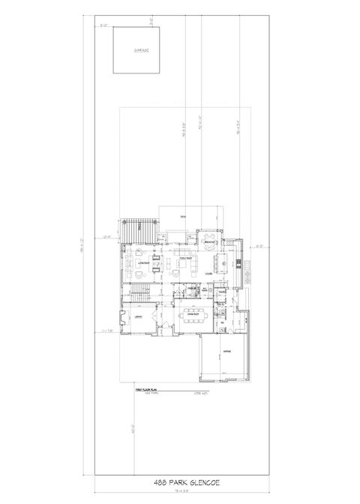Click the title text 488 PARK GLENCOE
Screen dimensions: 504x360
pyautogui.click(x=180, y=482)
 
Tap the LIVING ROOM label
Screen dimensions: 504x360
pyautogui.click(x=139, y=263)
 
